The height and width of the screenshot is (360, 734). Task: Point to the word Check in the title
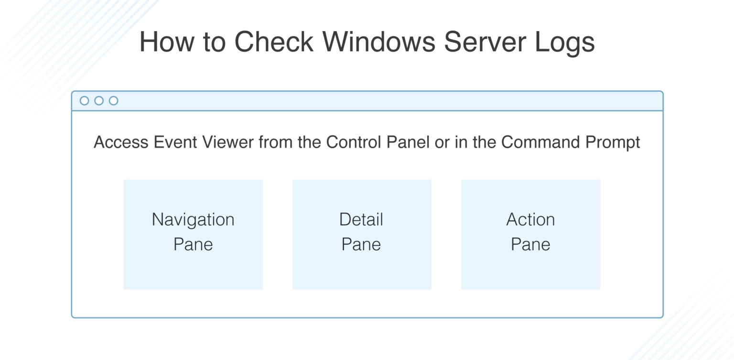[273, 42]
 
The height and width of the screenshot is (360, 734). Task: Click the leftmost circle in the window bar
[85, 101]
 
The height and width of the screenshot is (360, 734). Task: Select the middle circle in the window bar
[99, 101]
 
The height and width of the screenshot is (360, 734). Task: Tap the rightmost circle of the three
[113, 101]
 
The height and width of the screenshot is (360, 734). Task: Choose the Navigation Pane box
[193, 234]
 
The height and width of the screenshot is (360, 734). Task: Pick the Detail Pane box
[362, 234]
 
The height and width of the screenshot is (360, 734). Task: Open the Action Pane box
[530, 234]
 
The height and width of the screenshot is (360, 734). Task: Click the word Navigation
[193, 220]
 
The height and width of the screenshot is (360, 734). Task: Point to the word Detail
[361, 220]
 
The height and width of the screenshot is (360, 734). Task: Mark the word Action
[530, 220]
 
